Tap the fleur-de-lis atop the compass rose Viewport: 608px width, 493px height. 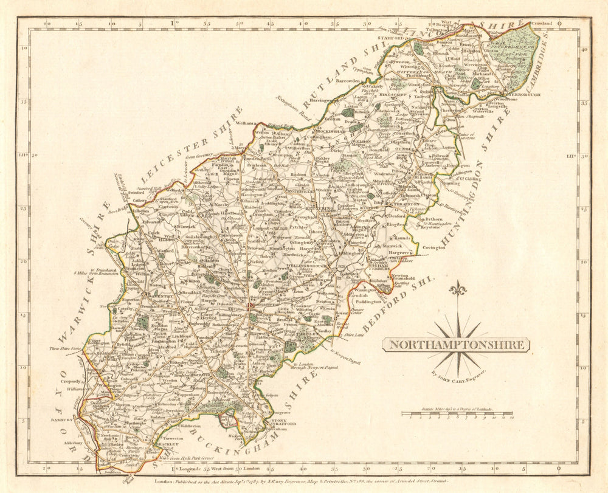[457, 288]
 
